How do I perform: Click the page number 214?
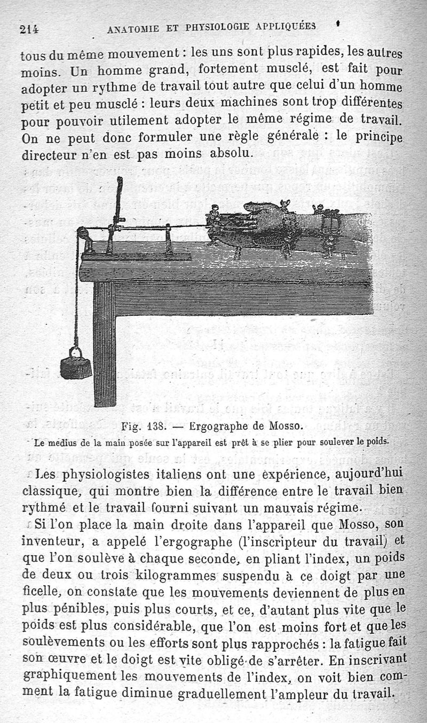(31, 29)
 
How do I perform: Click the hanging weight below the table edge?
(75, 366)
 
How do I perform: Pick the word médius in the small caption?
(64, 442)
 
